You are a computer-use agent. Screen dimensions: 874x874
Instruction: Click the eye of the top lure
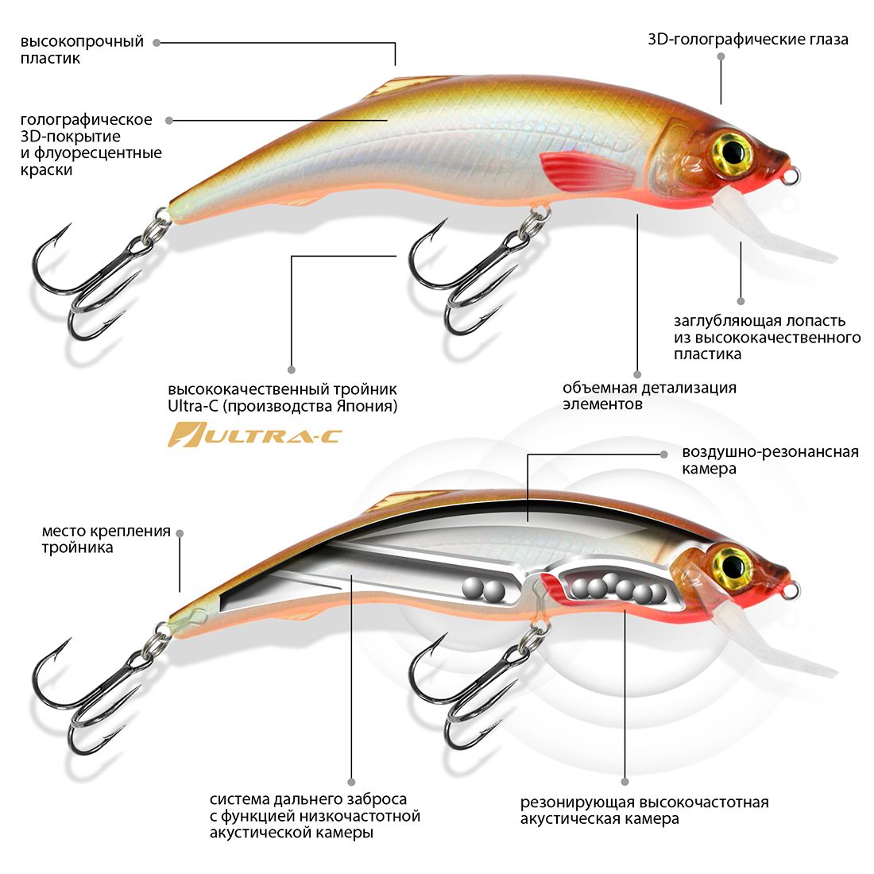click(x=733, y=149)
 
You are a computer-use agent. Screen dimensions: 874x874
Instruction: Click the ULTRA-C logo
click(x=254, y=435)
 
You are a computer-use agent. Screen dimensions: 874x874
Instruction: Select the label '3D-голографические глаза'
click(x=748, y=39)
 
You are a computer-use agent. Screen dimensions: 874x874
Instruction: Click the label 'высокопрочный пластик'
click(x=82, y=49)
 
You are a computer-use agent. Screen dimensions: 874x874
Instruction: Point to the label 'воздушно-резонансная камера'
click(x=770, y=460)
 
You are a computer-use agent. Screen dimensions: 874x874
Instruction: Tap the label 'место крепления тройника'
click(x=106, y=539)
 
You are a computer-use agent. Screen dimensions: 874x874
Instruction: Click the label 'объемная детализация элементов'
click(x=649, y=396)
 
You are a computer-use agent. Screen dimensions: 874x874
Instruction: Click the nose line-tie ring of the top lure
click(x=791, y=177)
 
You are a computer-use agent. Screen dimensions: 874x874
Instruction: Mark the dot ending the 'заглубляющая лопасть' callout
click(x=741, y=301)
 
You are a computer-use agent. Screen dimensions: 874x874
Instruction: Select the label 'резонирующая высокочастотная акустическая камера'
click(x=644, y=810)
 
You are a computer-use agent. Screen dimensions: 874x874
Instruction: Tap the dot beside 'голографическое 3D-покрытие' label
click(x=169, y=120)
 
